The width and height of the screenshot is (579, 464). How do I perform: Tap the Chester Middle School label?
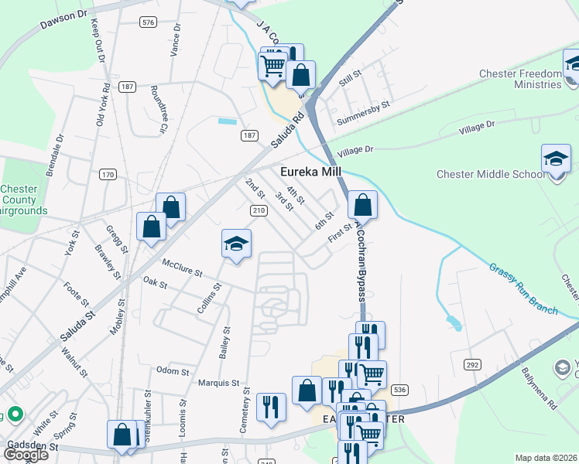(491, 174)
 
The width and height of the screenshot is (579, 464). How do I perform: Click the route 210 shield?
(259, 210)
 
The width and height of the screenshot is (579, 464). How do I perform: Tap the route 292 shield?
(472, 363)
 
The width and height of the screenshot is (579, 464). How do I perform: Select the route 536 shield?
(399, 390)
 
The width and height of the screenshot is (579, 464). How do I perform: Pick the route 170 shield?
(108, 175)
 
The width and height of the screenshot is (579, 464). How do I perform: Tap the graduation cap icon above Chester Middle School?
(556, 159)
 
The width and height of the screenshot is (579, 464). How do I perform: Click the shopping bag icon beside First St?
(362, 206)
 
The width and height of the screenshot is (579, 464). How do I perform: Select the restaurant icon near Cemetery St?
(271, 407)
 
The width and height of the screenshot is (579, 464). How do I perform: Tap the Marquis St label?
(219, 383)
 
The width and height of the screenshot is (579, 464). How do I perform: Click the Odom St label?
(173, 372)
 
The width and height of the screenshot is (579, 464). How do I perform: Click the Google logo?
(26, 455)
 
